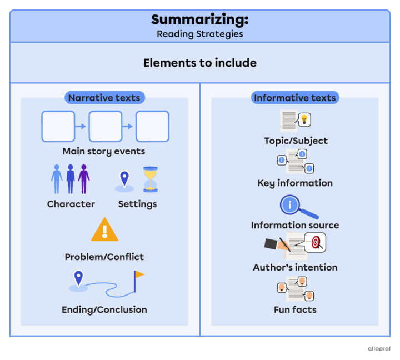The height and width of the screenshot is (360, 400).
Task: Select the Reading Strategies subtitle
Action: point(199,34)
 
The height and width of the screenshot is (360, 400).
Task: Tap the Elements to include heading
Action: point(199,63)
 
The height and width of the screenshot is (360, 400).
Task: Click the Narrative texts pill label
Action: point(104,98)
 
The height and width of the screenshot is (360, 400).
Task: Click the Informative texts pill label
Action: point(294,98)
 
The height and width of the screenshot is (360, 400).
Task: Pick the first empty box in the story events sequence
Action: point(58,126)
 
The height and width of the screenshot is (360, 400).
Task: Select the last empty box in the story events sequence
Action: point(152,126)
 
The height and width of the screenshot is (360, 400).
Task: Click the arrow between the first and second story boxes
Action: point(81,126)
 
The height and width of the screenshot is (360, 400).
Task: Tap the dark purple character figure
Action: point(84,178)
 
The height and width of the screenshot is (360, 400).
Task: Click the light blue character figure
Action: point(57,178)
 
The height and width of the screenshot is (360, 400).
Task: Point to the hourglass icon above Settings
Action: point(150,179)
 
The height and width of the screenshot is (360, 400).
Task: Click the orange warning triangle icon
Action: point(104,229)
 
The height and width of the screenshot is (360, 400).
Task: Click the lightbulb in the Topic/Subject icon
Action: point(304,118)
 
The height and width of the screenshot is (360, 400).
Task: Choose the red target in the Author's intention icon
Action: point(315,242)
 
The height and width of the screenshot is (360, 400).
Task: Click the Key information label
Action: point(294,183)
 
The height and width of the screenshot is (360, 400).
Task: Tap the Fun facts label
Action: point(294,309)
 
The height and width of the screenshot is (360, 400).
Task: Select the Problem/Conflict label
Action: point(104,257)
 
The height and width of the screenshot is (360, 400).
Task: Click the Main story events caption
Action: point(104,151)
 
